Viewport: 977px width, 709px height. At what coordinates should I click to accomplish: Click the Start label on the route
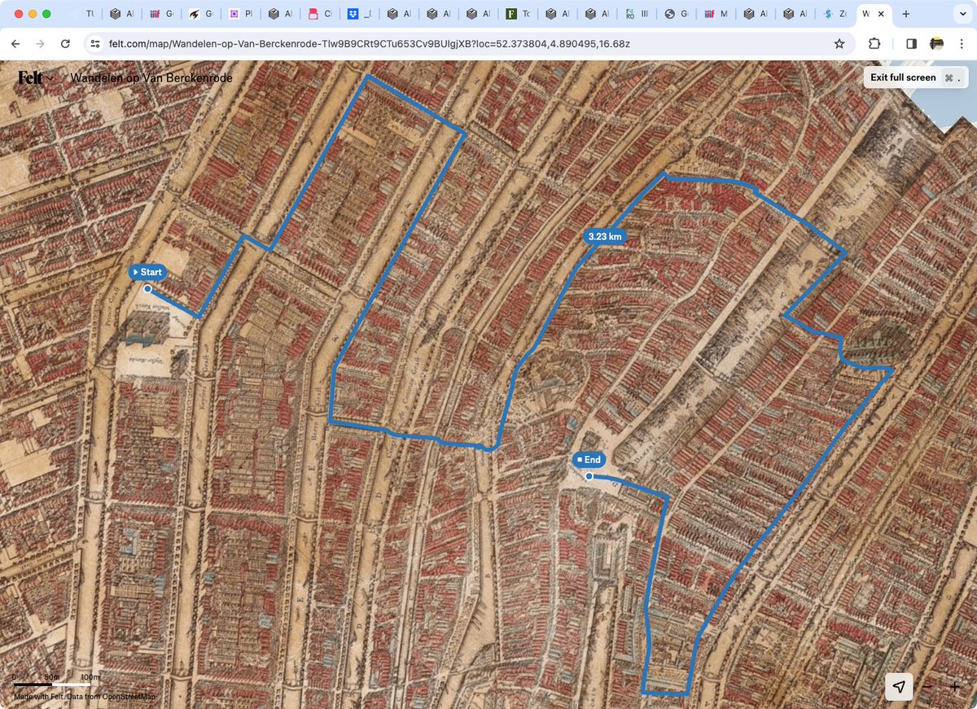(147, 272)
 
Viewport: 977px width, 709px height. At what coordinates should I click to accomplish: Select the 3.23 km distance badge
(605, 236)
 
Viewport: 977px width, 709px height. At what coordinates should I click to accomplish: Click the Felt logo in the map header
(31, 78)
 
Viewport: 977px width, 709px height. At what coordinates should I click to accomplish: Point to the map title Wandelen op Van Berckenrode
(151, 78)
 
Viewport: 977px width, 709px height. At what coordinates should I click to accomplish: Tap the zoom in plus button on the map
(955, 687)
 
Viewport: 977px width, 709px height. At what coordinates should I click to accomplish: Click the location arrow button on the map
(899, 687)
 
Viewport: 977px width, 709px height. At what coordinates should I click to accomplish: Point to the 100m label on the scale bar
(90, 677)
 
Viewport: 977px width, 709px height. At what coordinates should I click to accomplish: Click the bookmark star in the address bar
(839, 44)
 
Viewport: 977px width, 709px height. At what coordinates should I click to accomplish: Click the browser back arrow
(15, 44)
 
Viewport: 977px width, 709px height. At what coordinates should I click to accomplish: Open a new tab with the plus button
(906, 14)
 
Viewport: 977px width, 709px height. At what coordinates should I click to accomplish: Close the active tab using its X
(881, 14)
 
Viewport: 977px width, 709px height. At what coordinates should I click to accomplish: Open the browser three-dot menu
(962, 44)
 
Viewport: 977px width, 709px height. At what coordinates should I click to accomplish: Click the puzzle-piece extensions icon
(874, 44)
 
